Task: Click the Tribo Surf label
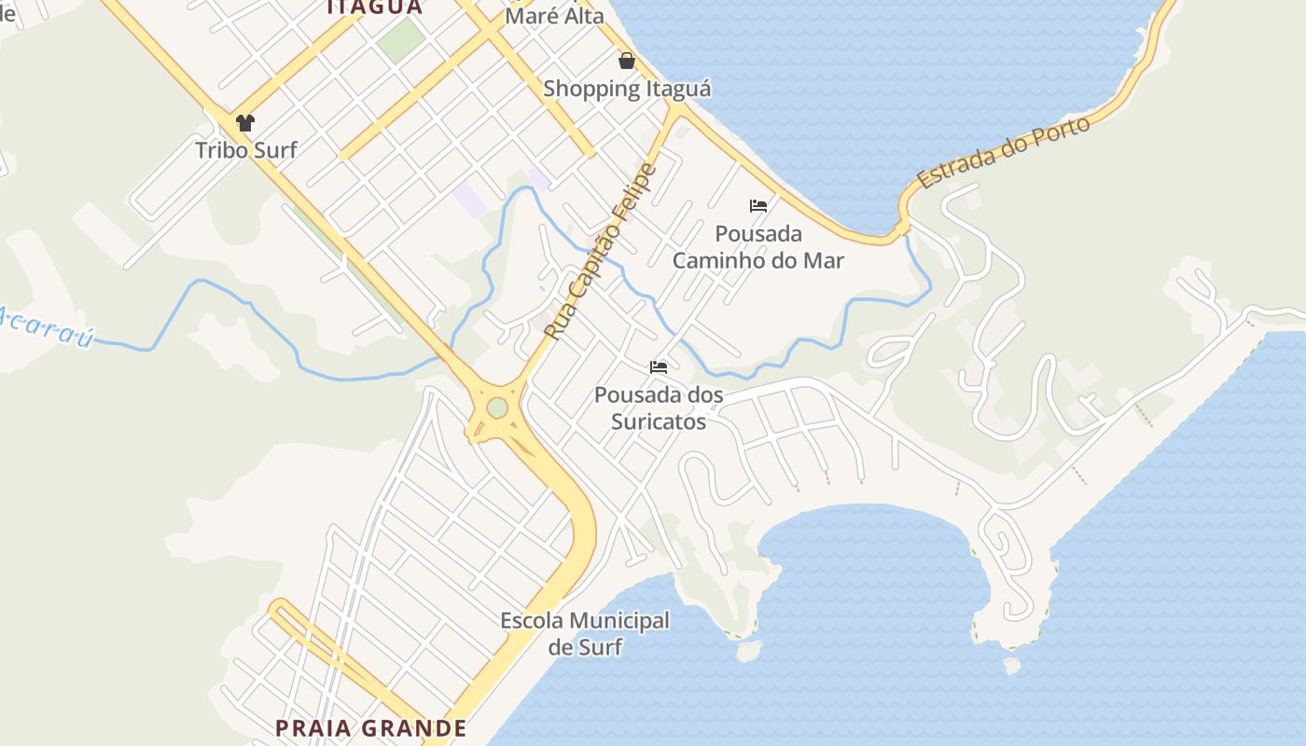point(246,149)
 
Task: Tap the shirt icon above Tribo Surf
point(245,122)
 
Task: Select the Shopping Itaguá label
point(627,90)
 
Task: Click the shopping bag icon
point(627,61)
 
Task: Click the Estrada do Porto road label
point(1004,153)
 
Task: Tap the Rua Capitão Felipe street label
point(601,252)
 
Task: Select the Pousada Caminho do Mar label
point(758,247)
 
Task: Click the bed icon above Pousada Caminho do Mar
point(758,206)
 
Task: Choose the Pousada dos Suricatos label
point(659,408)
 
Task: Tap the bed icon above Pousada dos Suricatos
point(659,367)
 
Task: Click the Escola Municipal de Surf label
point(585,633)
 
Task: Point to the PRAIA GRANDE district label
point(371,728)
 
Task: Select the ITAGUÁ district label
point(374,7)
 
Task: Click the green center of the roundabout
point(497,408)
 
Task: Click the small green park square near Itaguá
point(401,40)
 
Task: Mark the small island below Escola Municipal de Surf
point(747,650)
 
